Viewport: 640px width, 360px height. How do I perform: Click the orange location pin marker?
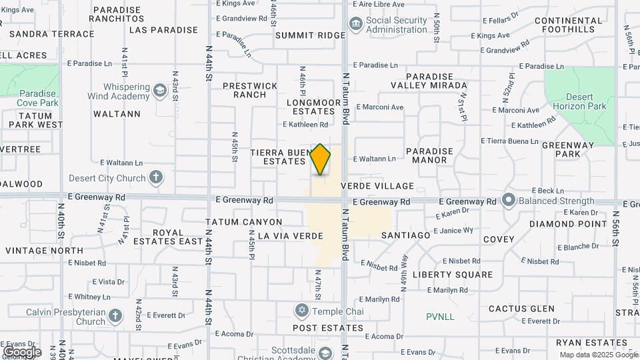pos(321,159)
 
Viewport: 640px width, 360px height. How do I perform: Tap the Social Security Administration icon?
pos(356,24)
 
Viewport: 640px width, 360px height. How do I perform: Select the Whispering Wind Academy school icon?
pos(159,90)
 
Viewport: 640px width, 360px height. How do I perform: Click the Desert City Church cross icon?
pos(155,177)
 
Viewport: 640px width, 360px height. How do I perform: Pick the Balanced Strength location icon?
pos(509,200)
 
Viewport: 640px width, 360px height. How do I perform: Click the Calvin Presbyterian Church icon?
pos(115,315)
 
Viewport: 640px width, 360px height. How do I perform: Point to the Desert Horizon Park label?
pos(580,101)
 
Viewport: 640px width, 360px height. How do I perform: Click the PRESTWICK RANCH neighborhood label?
pos(250,90)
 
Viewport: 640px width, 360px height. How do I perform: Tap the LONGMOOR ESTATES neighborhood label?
pos(310,107)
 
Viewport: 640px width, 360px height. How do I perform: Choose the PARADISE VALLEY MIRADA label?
pos(429,81)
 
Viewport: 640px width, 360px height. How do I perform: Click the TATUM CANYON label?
pos(244,222)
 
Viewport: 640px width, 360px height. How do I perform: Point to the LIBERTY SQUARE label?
pos(453,275)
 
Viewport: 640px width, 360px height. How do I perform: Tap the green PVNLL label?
pos(441,317)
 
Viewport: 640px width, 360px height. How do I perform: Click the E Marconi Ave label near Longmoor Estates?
pos(380,107)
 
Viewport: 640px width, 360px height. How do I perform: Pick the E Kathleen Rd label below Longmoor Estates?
pos(305,125)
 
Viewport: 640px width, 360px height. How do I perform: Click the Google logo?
pos(21,351)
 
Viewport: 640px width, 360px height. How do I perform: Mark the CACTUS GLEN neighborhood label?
pos(521,309)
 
